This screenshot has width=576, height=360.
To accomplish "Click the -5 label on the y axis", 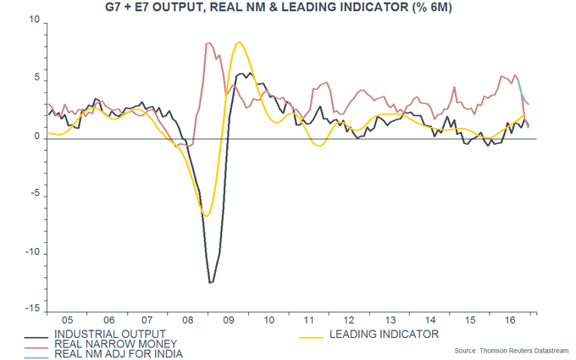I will coord(35,197).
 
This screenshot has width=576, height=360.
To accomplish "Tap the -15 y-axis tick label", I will coord(32,312).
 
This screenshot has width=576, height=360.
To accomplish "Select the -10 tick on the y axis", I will coord(32,254).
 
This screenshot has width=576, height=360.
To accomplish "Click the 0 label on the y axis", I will coord(37,138).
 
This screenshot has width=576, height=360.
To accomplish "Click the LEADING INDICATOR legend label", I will coord(382,335).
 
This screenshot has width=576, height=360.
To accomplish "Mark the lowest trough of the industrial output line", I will coord(211,282).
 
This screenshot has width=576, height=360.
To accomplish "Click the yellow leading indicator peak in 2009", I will coord(240,42).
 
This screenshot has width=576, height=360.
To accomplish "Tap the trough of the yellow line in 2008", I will coord(206,216).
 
